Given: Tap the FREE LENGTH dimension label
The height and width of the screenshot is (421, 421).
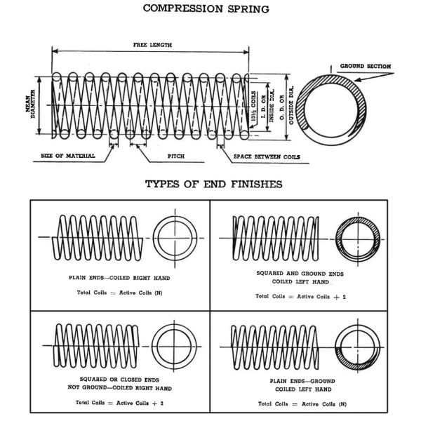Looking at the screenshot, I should click(152, 45).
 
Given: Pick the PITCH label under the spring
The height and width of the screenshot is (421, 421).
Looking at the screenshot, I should click(176, 156).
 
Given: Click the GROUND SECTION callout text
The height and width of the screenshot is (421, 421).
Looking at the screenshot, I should click(365, 67).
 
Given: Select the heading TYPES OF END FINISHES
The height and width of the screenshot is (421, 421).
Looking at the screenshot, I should click(213, 185).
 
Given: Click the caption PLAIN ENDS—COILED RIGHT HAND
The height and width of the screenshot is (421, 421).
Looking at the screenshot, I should click(119, 278).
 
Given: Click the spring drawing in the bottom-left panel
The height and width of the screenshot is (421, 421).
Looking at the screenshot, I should click(98, 345).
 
